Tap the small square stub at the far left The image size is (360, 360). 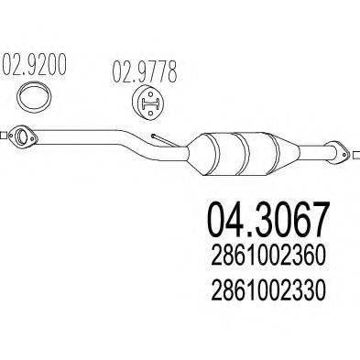pos(5,132)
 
